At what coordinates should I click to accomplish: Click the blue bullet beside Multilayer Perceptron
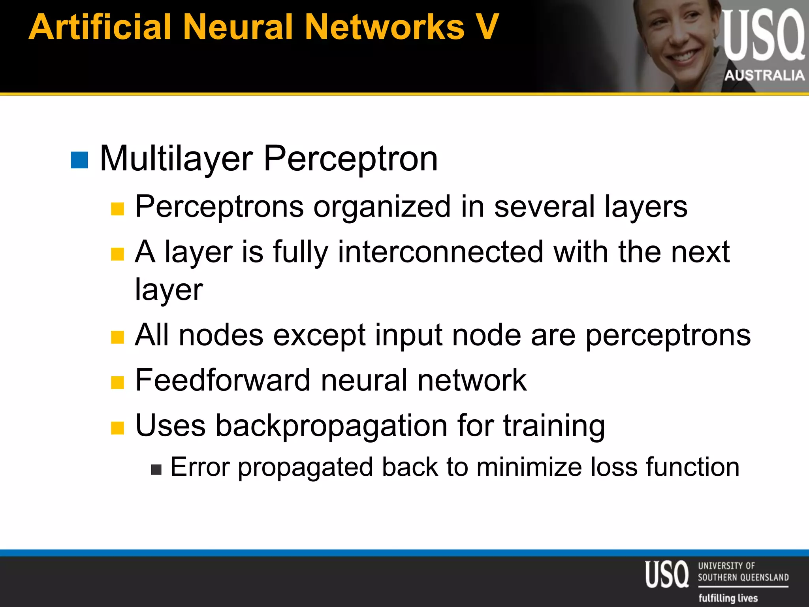click(x=79, y=160)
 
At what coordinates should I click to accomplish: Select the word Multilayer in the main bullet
click(x=176, y=159)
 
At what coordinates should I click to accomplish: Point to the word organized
click(x=382, y=207)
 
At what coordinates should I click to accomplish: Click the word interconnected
click(x=440, y=252)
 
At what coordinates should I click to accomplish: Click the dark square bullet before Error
click(x=156, y=469)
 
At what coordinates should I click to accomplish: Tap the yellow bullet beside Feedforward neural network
click(x=117, y=383)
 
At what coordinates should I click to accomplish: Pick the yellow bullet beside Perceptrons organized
click(x=117, y=209)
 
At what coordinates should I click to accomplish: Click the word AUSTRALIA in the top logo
click(x=764, y=75)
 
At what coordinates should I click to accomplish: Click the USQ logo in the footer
click(x=667, y=574)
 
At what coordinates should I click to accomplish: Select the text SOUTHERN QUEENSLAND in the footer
click(x=743, y=577)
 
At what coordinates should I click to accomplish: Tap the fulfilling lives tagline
click(x=728, y=598)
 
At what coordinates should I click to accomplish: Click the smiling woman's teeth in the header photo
click(x=684, y=57)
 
